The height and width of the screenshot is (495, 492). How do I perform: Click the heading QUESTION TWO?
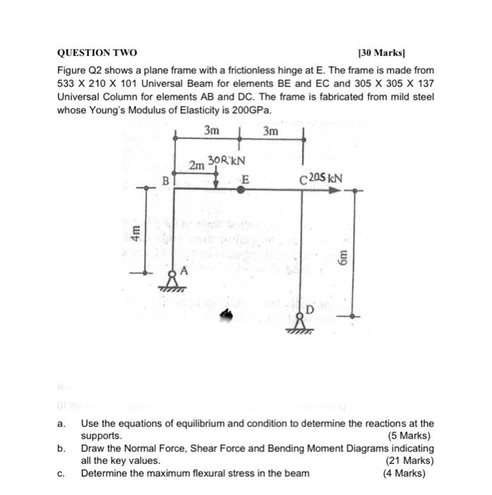coord(97,53)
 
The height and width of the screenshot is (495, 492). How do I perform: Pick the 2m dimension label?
coord(197,165)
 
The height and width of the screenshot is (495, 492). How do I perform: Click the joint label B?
coord(166,180)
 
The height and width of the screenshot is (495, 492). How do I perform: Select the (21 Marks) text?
coord(409,460)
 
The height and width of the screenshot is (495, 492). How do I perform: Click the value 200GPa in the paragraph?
coord(249,111)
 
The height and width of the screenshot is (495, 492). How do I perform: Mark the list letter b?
coord(61,448)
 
